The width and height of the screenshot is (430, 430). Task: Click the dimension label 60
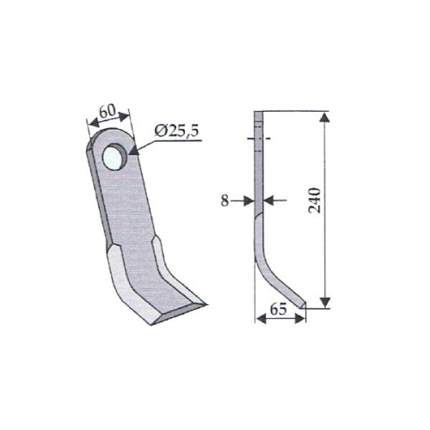click(107, 112)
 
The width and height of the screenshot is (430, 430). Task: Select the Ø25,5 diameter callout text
click(176, 132)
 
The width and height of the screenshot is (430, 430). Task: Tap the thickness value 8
click(224, 201)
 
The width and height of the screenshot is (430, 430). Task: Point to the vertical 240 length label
click(314, 200)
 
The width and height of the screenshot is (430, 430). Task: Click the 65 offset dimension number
click(278, 310)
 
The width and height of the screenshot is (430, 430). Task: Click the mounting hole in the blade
click(114, 157)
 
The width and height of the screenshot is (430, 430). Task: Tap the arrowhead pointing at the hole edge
click(134, 150)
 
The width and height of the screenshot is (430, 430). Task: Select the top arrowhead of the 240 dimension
click(324, 118)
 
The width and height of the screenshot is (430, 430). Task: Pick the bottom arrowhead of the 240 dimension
click(325, 303)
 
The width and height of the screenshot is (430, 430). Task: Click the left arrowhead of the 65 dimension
click(261, 319)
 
